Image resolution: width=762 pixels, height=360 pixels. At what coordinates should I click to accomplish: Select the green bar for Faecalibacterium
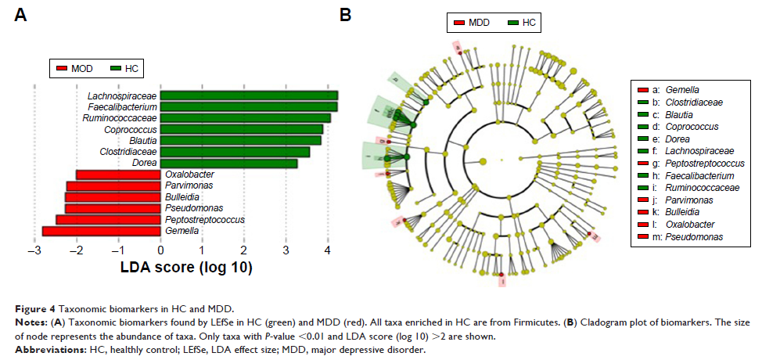pos(249,106)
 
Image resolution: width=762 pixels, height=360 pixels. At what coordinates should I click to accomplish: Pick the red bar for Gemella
pos(101,231)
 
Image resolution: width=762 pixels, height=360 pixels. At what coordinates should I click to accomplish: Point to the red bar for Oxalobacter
pos(118,175)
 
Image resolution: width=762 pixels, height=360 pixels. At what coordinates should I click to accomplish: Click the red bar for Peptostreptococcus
pos(108,220)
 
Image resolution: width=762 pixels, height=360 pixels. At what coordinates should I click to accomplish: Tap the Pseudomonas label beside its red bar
pos(192,209)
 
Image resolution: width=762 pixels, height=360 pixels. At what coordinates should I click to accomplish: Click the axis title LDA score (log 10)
pos(185,268)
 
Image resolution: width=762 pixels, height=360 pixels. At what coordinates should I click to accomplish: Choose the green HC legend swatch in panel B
pos(512,23)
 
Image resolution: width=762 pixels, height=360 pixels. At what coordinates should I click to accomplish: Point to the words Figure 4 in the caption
pos(37,309)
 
